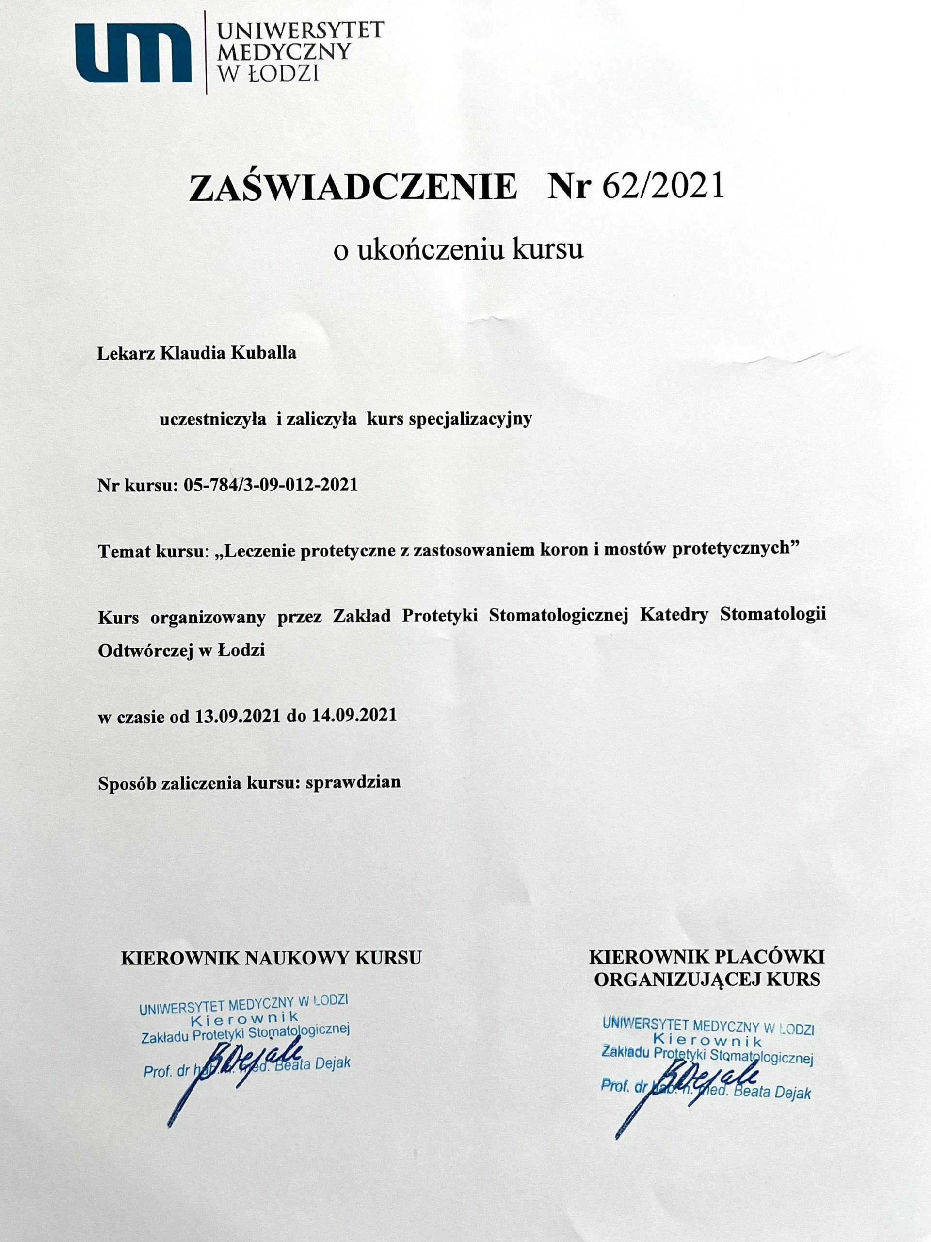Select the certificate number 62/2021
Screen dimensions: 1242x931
(x=662, y=186)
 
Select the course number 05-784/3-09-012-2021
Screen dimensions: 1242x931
(x=271, y=485)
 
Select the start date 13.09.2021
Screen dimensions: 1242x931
(x=238, y=716)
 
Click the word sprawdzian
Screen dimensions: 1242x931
(x=353, y=782)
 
